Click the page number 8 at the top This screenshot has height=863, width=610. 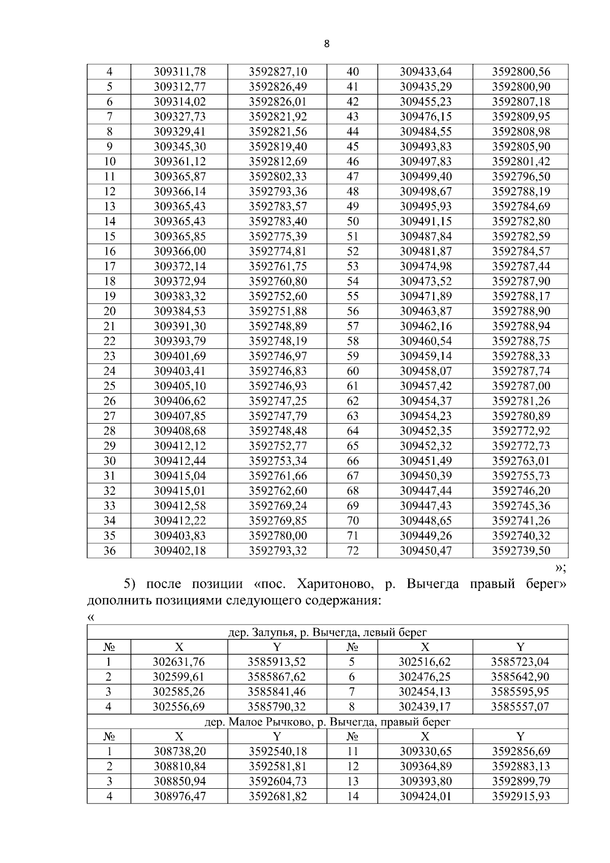pyautogui.click(x=326, y=44)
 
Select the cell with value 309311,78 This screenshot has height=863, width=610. pyautogui.click(x=179, y=72)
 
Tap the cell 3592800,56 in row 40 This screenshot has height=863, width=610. pyautogui.click(x=521, y=72)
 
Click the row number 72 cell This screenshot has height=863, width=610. pyautogui.click(x=352, y=551)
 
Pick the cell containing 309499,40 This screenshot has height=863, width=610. pyautogui.click(x=425, y=176)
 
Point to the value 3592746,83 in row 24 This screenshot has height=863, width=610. pyautogui.click(x=278, y=371)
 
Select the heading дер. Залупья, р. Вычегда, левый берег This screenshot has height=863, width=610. pyautogui.click(x=327, y=633)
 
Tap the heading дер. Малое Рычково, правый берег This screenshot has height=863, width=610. pyautogui.click(x=327, y=722)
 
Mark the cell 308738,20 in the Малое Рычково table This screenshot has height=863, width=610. pyautogui.click(x=179, y=752)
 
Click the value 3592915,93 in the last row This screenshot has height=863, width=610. pyautogui.click(x=521, y=796)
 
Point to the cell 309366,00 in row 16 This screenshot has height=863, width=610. pyautogui.click(x=179, y=251)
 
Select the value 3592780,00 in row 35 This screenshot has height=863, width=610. pyautogui.click(x=278, y=536)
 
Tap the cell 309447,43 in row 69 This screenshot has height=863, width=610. pyautogui.click(x=425, y=506)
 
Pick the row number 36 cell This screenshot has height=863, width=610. pyautogui.click(x=109, y=551)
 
